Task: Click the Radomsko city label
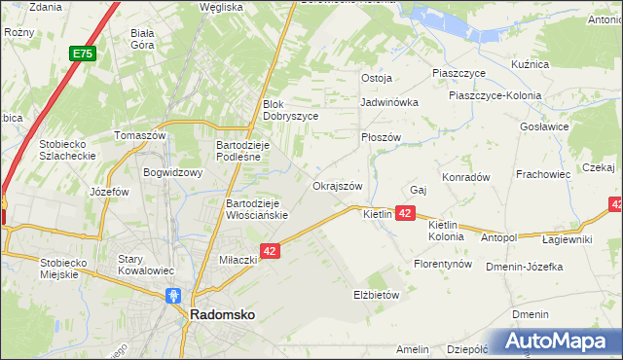click(222, 315)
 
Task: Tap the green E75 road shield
click(82, 55)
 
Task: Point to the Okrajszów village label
click(338, 186)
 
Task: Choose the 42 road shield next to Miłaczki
click(272, 251)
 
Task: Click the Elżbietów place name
click(376, 294)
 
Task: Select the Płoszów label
click(381, 137)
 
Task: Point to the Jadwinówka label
click(388, 101)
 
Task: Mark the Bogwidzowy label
click(171, 173)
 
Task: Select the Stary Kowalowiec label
click(145, 265)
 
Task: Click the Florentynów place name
click(442, 264)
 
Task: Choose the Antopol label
click(498, 236)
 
